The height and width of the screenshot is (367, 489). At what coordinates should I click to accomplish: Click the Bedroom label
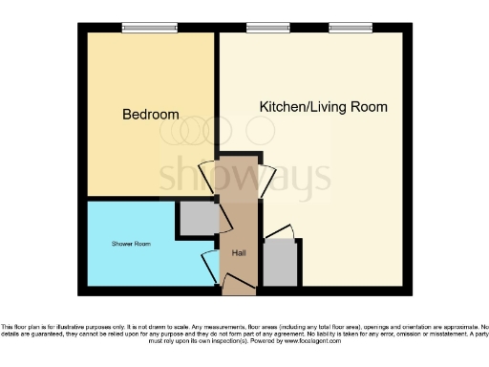point(151,115)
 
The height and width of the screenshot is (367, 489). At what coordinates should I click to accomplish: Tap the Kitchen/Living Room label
point(324,107)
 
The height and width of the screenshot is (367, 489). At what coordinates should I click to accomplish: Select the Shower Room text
point(130,244)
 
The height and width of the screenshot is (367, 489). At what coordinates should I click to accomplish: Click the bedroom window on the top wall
point(141,28)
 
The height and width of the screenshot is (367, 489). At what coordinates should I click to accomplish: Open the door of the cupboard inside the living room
point(281,233)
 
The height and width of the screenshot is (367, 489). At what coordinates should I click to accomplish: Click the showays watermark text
point(244,175)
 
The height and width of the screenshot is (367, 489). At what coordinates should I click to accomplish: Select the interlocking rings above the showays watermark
point(202,131)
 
